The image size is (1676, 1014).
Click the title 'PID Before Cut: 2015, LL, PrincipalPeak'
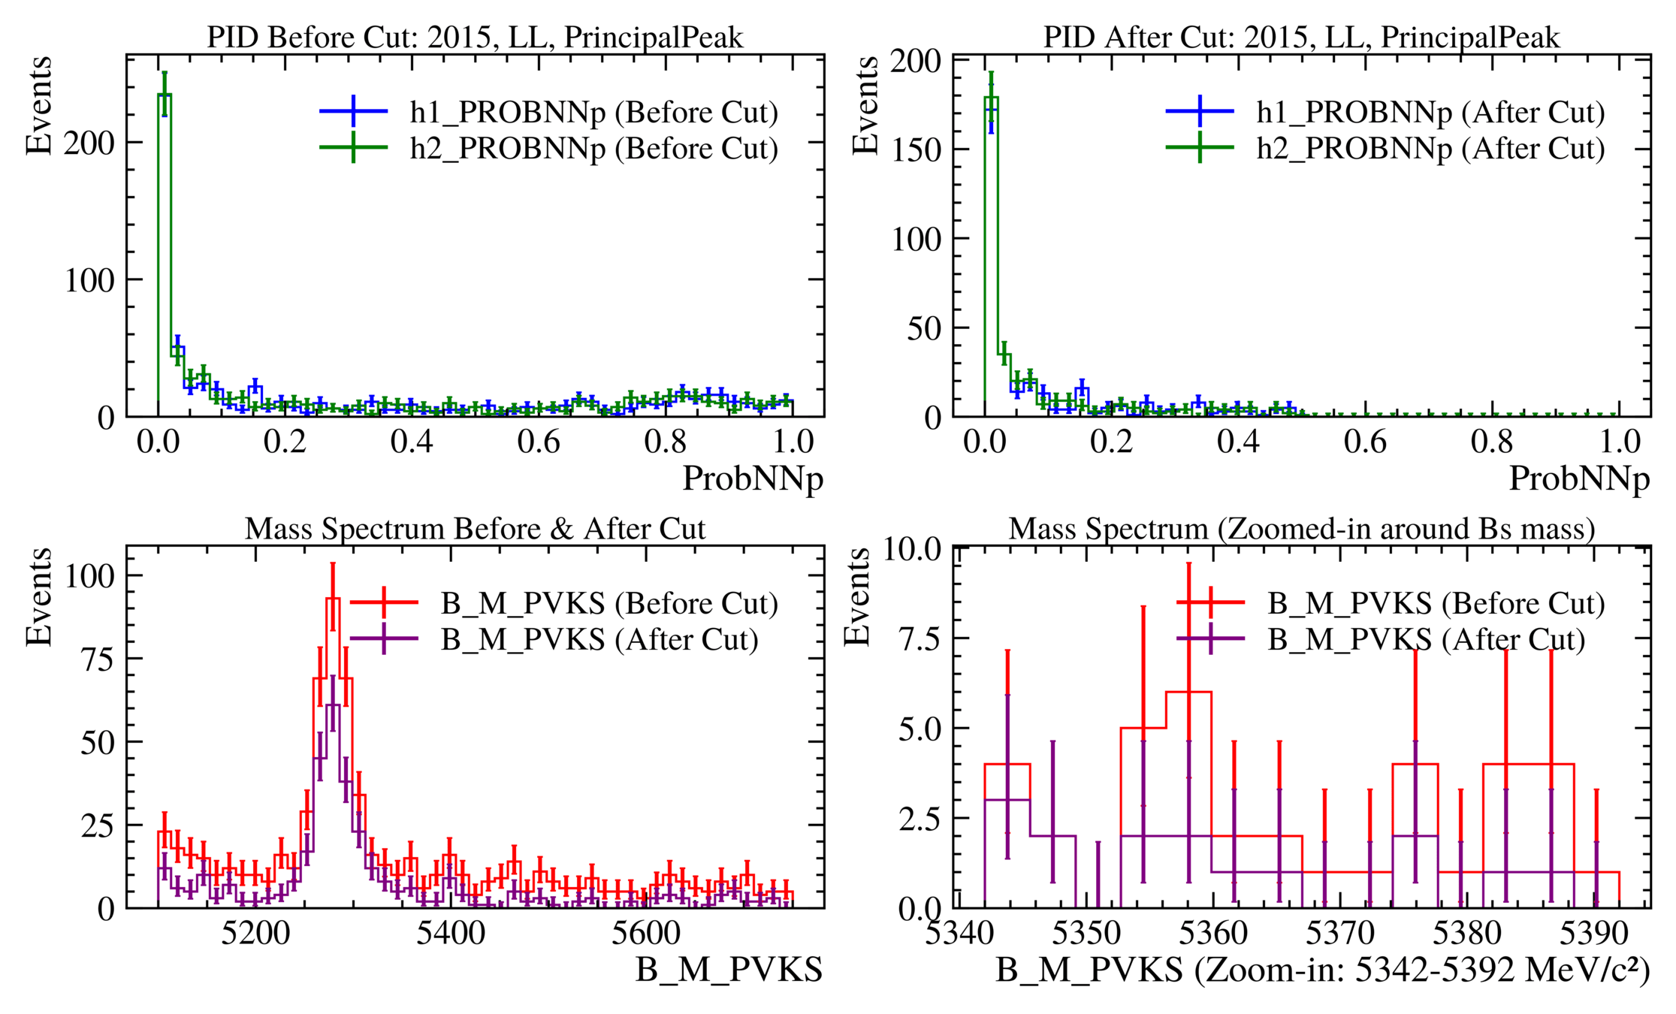click(x=475, y=37)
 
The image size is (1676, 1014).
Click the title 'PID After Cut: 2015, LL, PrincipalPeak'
click(x=1301, y=37)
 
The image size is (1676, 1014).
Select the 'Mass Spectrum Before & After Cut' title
click(x=475, y=529)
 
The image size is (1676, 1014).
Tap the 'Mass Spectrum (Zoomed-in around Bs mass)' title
click(x=1301, y=529)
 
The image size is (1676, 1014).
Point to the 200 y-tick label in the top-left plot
click(x=89, y=143)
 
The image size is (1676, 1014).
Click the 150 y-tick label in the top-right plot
click(x=916, y=149)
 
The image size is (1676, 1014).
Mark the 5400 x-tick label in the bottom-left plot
click(x=451, y=934)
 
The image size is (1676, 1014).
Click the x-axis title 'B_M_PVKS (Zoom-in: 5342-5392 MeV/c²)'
click(x=1322, y=970)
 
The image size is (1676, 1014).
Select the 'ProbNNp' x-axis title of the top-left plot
click(x=753, y=478)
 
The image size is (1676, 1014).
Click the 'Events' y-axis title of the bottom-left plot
click(x=38, y=597)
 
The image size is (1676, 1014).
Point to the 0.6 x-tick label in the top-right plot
click(x=1365, y=442)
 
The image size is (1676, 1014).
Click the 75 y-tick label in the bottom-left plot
click(x=97, y=659)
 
